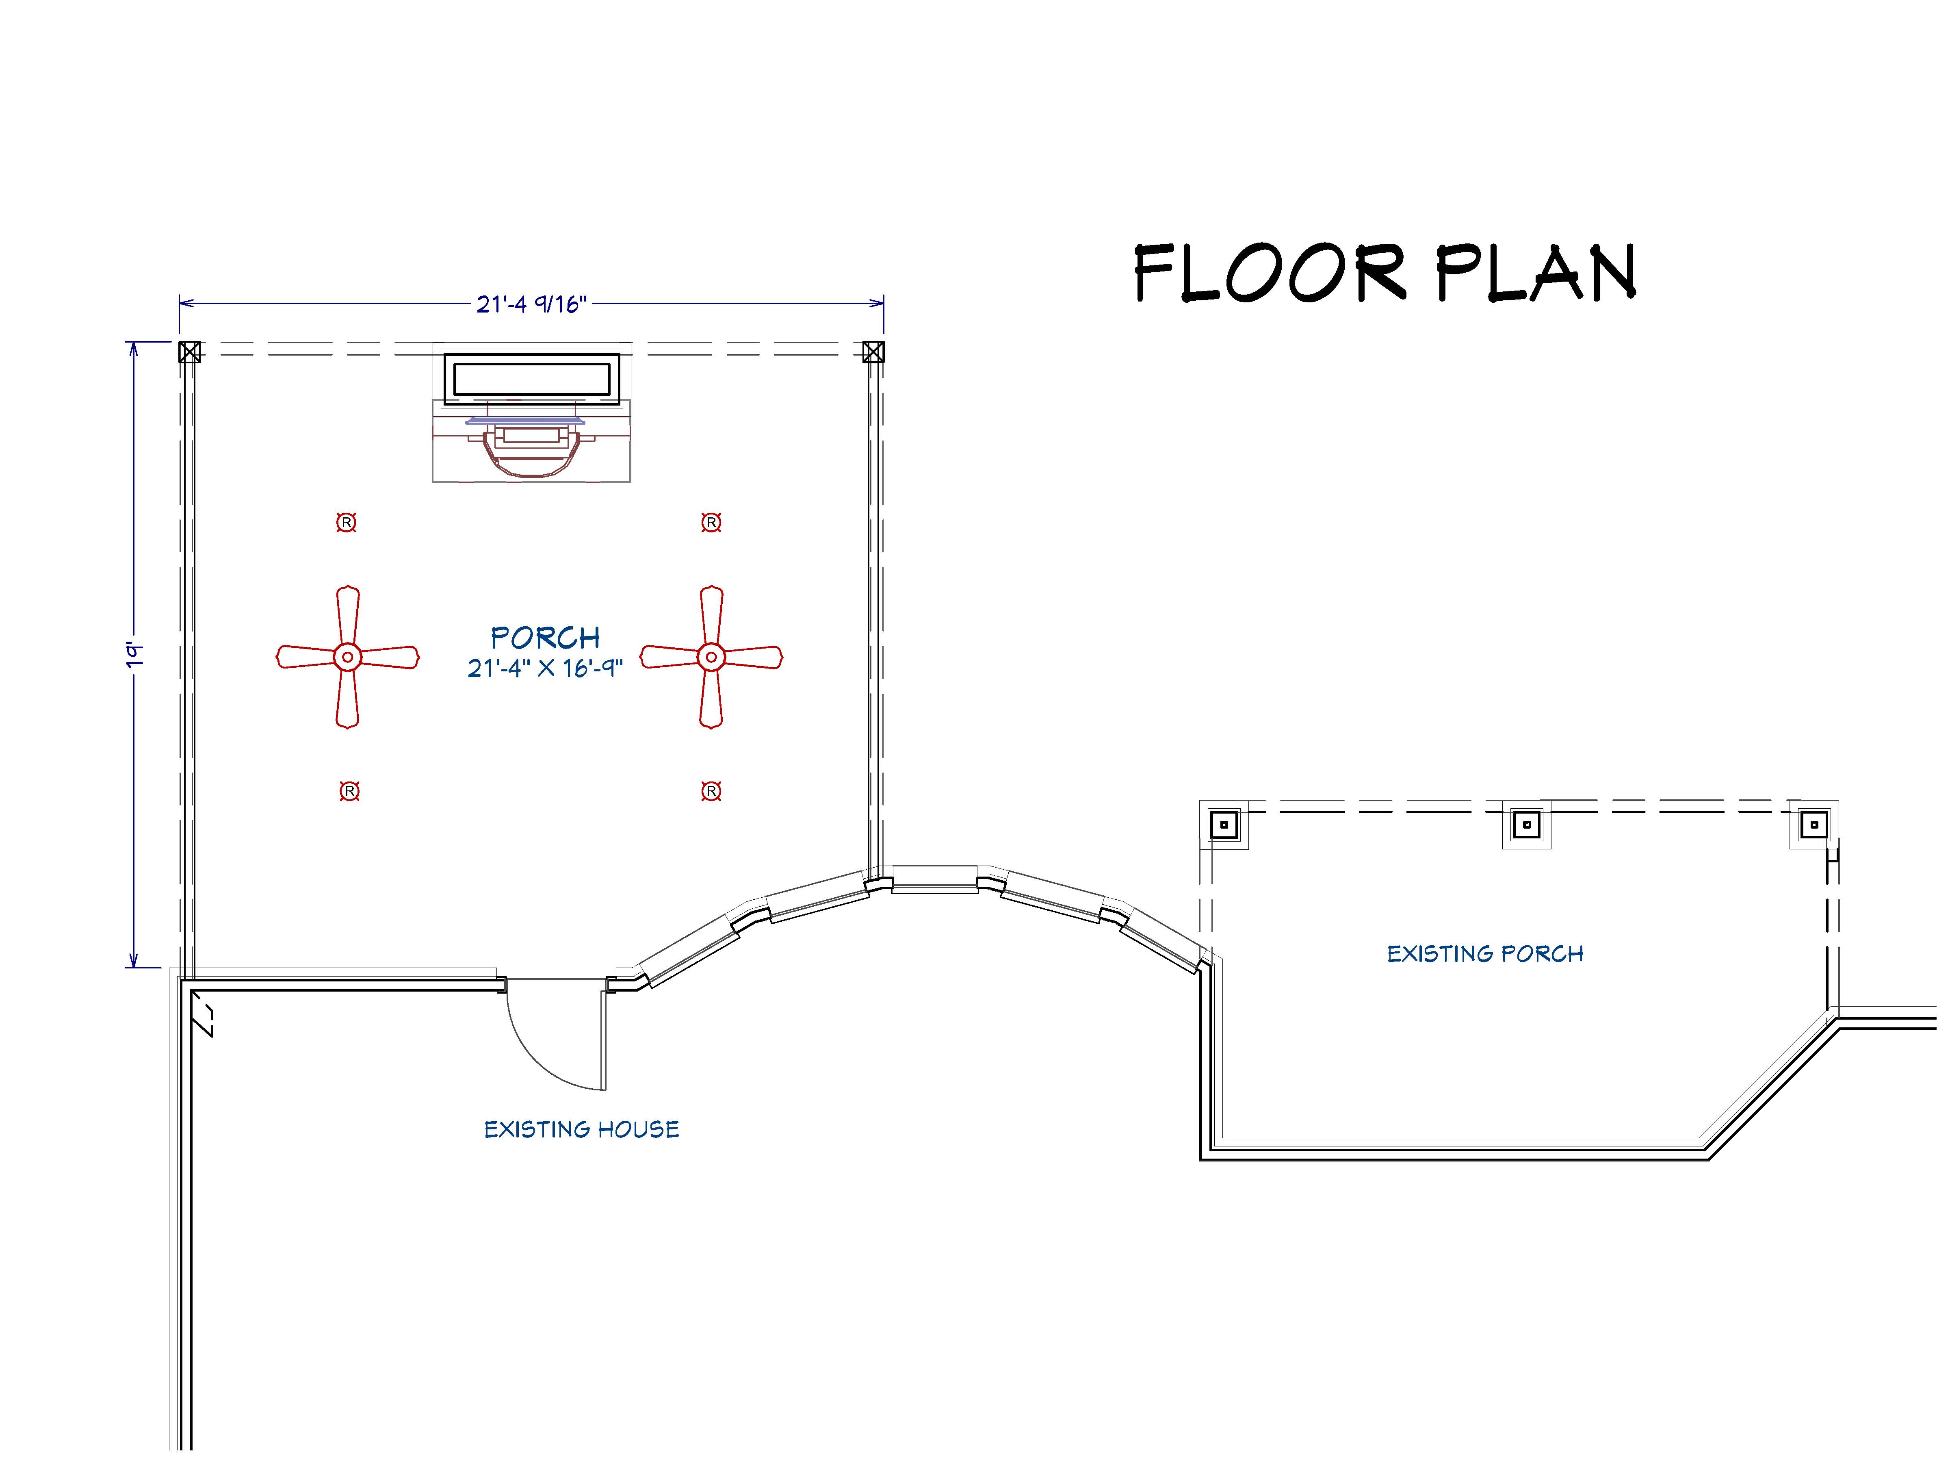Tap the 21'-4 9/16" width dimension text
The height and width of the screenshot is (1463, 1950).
click(531, 304)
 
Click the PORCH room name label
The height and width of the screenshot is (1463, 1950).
click(546, 638)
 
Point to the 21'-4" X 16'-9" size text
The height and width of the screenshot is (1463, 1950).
click(545, 669)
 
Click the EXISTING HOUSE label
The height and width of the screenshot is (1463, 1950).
click(582, 1130)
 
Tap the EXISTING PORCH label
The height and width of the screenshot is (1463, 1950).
click(1485, 954)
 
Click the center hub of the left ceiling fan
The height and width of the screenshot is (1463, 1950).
click(347, 657)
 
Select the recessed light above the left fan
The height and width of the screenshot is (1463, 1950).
click(347, 523)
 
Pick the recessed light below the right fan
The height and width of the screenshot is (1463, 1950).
click(711, 791)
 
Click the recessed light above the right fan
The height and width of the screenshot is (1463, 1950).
click(711, 523)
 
